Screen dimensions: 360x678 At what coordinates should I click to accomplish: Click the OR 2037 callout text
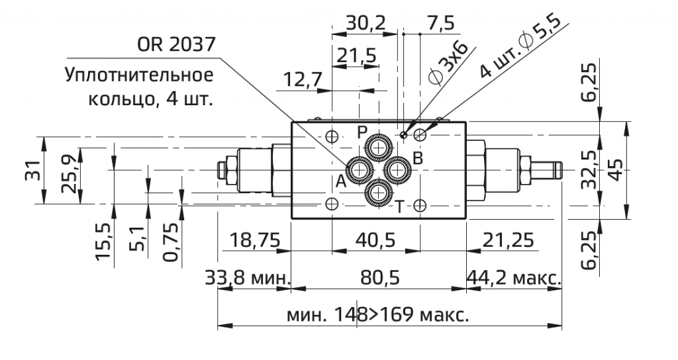[175, 45]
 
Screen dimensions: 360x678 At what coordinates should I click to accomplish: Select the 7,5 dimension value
[441, 23]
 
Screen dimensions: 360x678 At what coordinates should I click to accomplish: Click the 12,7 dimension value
[303, 79]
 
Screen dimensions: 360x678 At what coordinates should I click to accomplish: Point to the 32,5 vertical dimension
[589, 169]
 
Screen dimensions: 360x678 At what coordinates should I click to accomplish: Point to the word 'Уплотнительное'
[139, 74]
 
